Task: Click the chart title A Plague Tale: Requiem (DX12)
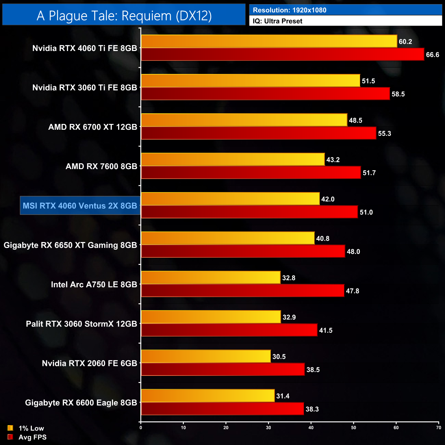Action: click(x=124, y=16)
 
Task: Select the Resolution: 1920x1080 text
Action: click(x=290, y=10)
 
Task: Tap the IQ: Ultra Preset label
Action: click(x=278, y=21)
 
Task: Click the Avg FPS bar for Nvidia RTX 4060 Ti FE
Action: click(x=282, y=54)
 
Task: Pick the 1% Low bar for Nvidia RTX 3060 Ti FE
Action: click(x=251, y=81)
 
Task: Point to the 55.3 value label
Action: click(x=384, y=133)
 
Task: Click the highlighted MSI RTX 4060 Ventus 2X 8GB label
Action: click(x=80, y=206)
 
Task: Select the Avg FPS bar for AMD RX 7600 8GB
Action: click(x=251, y=173)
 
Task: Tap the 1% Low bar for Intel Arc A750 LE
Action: click(x=211, y=278)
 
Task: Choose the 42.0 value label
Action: click(x=328, y=199)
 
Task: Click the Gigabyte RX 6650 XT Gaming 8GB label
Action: click(x=70, y=245)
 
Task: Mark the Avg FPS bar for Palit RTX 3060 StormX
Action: click(x=229, y=330)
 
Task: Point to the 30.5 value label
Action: click(x=279, y=357)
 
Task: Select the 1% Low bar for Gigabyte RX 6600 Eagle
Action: click(x=208, y=396)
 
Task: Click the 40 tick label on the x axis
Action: click(x=311, y=428)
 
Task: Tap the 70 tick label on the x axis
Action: click(x=438, y=428)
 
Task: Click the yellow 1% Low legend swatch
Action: click(x=10, y=428)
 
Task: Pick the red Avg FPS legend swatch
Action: click(x=10, y=437)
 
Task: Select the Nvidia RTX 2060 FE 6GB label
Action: click(x=89, y=363)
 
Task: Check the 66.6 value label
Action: click(x=433, y=55)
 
